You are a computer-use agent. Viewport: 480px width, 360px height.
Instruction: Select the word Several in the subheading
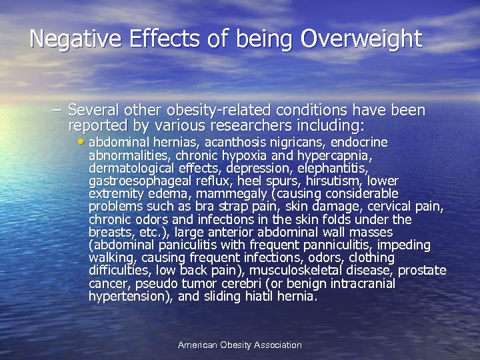pos(93,110)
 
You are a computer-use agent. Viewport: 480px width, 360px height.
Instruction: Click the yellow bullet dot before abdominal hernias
pos(81,142)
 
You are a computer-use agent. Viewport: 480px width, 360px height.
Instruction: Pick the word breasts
pos(110,232)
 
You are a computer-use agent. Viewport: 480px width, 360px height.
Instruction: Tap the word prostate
pos(423,271)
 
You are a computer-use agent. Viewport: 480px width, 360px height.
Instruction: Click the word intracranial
pos(360,283)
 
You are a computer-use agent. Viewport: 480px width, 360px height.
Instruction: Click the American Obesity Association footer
pos(240,345)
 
